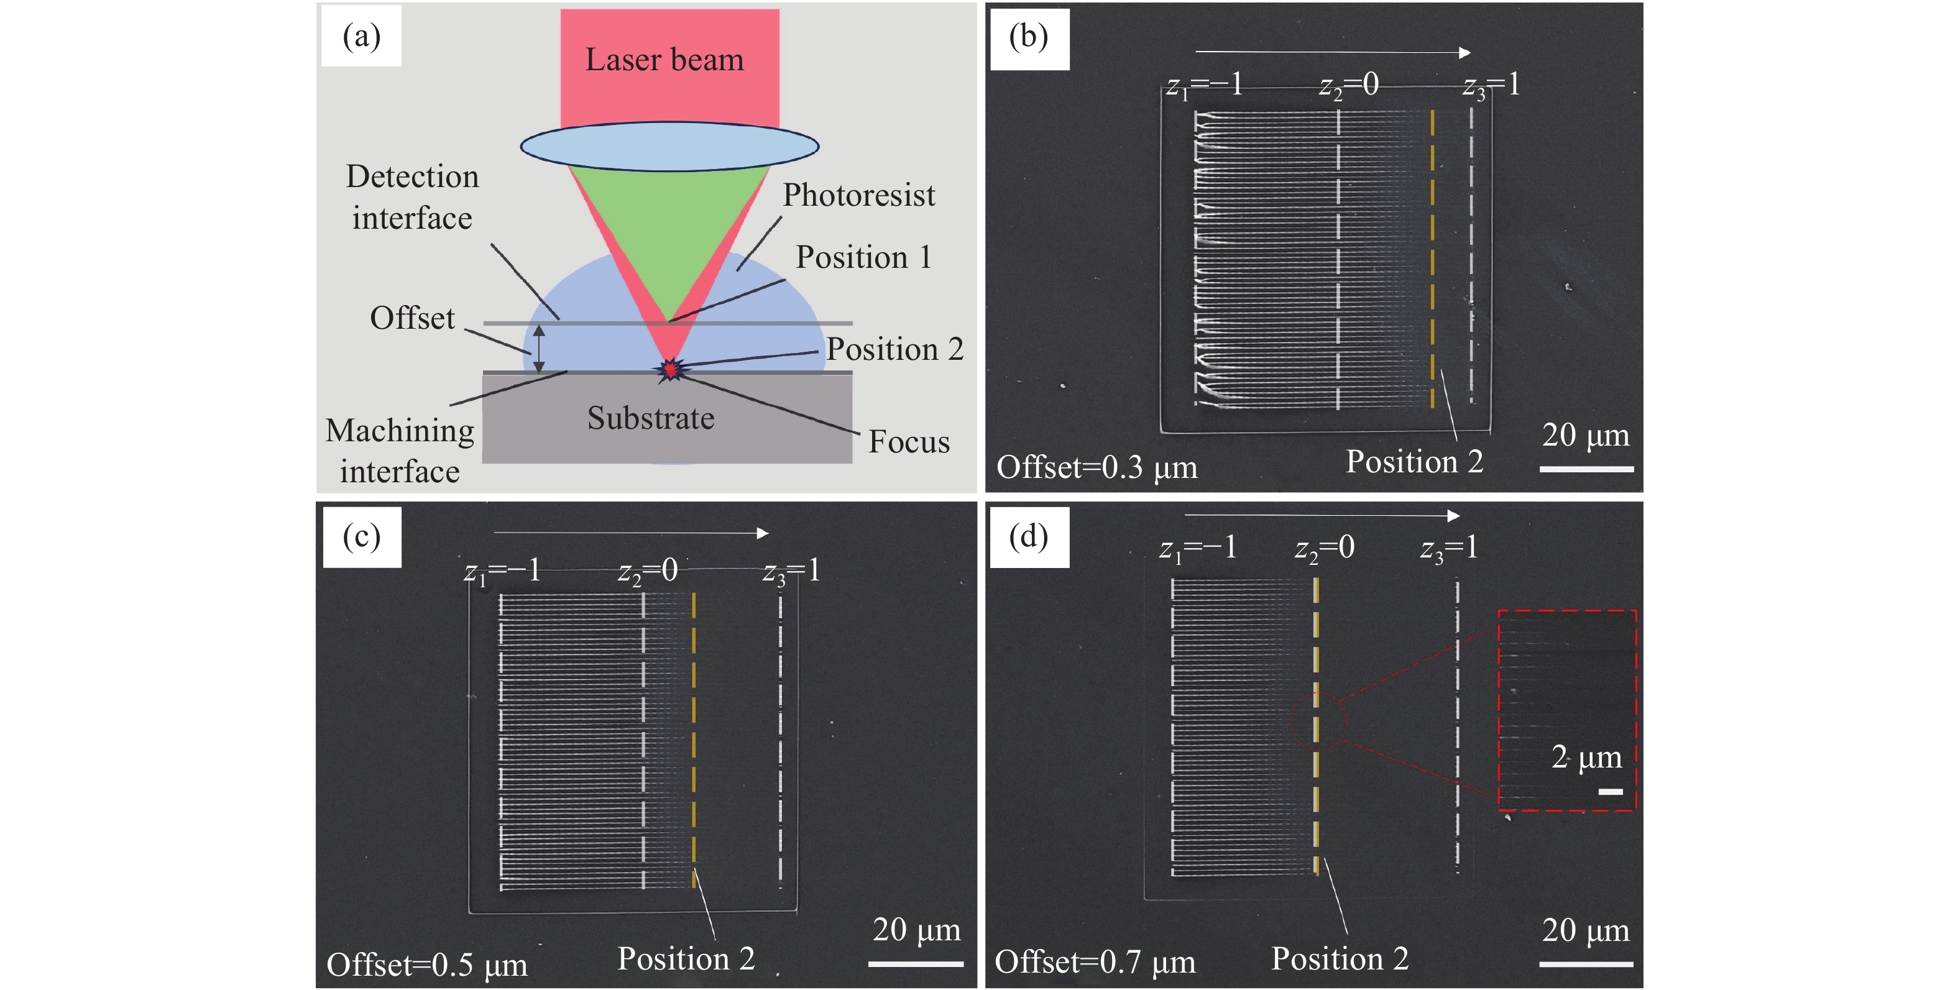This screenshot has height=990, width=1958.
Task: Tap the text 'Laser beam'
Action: (x=664, y=60)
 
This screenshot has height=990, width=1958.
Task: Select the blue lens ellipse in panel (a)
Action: (x=669, y=146)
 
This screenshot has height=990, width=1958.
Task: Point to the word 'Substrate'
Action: (x=651, y=418)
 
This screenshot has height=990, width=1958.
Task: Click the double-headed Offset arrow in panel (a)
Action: (x=538, y=349)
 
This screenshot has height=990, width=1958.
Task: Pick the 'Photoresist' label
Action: (x=858, y=195)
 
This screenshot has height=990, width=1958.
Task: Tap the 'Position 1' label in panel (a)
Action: (x=863, y=257)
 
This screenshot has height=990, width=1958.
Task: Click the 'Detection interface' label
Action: (x=412, y=197)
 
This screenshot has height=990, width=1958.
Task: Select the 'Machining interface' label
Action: (x=400, y=451)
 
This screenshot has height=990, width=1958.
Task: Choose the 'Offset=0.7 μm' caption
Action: (x=1095, y=962)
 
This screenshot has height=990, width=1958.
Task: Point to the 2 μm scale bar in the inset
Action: (x=1610, y=792)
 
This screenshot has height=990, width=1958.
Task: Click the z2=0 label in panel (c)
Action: (x=647, y=571)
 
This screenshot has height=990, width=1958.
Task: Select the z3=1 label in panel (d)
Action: (x=1449, y=548)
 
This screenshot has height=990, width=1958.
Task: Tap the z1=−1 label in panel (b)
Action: (x=1204, y=85)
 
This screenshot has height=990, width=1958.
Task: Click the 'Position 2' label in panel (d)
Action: (x=1340, y=959)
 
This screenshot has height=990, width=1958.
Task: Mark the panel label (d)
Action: (x=1028, y=536)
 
